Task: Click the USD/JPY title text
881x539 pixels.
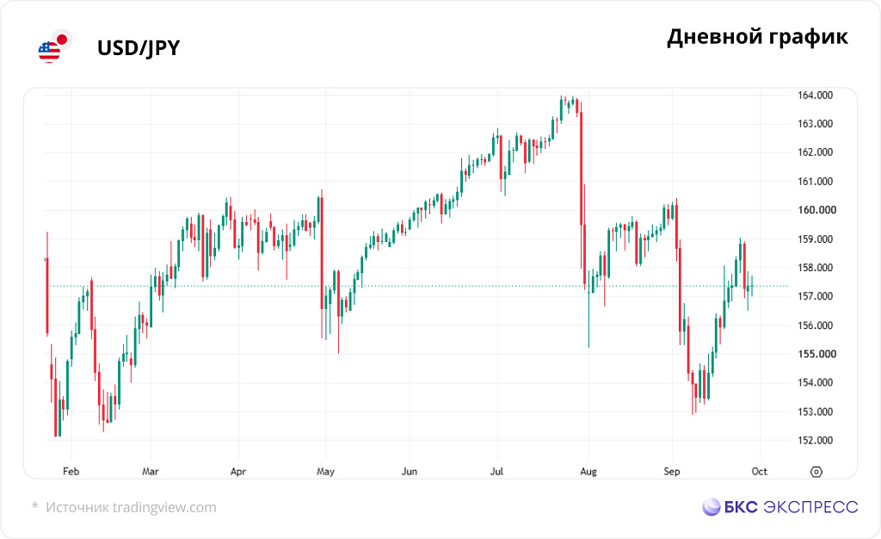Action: click(139, 48)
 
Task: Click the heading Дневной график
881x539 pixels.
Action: click(757, 37)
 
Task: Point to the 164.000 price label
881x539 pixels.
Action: click(815, 95)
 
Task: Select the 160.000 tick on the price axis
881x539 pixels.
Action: click(816, 209)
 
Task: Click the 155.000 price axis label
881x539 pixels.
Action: click(816, 354)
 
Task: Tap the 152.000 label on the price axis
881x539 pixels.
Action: click(815, 440)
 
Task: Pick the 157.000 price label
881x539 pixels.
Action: click(815, 296)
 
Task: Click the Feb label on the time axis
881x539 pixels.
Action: click(71, 471)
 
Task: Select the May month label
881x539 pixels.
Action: click(325, 471)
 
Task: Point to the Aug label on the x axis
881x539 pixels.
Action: click(588, 471)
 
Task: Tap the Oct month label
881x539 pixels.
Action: click(759, 471)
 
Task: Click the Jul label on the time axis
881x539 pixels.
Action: click(496, 471)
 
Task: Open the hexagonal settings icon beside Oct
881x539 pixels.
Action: click(816, 472)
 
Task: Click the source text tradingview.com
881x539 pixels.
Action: click(164, 507)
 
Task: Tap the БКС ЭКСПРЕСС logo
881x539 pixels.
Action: click(779, 507)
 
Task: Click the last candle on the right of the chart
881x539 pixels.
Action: click(752, 286)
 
